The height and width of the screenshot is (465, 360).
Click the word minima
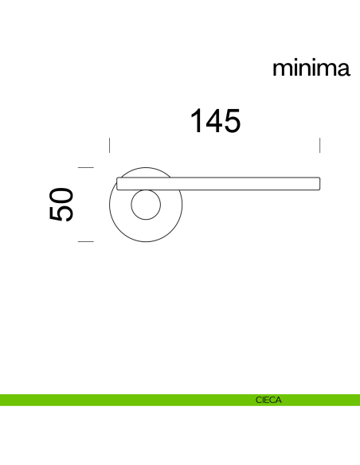click(311, 68)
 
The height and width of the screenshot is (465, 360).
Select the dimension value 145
click(214, 122)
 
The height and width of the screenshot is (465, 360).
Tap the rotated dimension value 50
click(61, 205)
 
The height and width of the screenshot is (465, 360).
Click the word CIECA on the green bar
click(268, 401)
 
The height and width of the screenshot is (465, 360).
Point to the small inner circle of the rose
click(145, 206)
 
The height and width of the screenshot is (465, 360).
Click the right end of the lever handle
click(318, 184)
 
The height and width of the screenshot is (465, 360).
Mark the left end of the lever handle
click(119, 184)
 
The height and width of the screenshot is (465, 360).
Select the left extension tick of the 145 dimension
click(109, 145)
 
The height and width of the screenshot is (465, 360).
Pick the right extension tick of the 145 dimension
click(319, 145)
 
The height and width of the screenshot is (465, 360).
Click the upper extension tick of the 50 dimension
click(86, 167)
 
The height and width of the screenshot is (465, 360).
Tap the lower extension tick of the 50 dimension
click(86, 240)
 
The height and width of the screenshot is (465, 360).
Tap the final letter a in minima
click(342, 69)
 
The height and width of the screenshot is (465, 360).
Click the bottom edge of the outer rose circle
click(145, 244)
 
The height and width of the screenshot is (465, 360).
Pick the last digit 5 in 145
click(231, 122)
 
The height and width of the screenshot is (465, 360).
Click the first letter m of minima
click(282, 69)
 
